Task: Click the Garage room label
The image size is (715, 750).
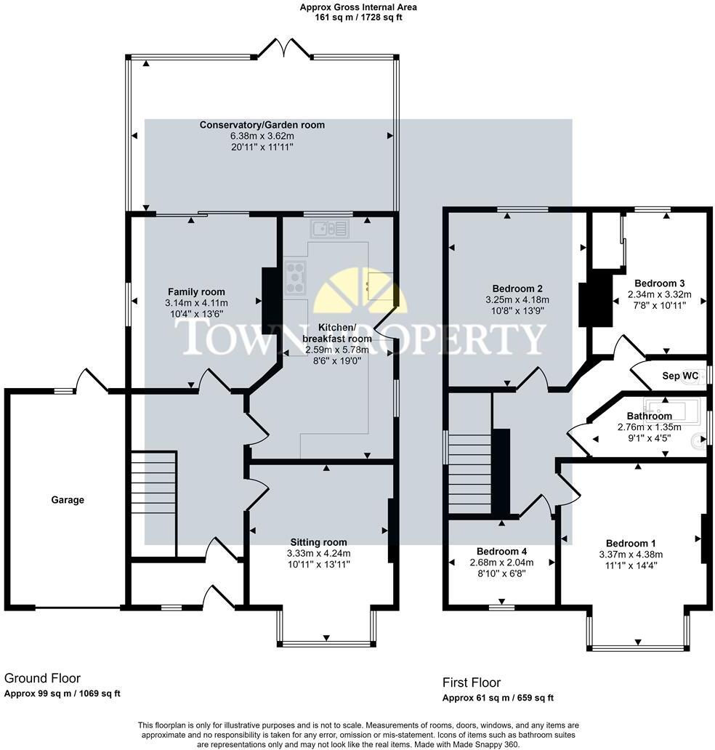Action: pyautogui.click(x=68, y=500)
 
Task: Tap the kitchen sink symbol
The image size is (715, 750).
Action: pyautogui.click(x=329, y=230)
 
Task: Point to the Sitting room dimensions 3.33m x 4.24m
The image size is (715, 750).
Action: pyautogui.click(x=318, y=553)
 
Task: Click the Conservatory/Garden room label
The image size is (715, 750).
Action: pyautogui.click(x=262, y=125)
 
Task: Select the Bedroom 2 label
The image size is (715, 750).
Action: pyautogui.click(x=517, y=288)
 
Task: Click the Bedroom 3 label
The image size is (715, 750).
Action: pyautogui.click(x=659, y=283)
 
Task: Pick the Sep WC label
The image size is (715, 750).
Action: pyautogui.click(x=679, y=376)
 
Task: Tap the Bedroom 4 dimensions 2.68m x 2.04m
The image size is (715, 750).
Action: pyautogui.click(x=501, y=562)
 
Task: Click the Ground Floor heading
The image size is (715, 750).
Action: pyautogui.click(x=42, y=678)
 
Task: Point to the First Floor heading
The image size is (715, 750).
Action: pyautogui.click(x=472, y=682)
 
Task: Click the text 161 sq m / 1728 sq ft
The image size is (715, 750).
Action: pyautogui.click(x=358, y=17)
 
